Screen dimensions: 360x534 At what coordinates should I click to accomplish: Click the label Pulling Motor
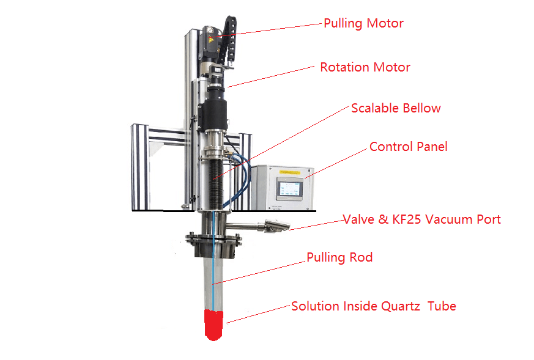click(363, 24)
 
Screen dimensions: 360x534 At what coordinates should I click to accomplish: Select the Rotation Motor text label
click(365, 67)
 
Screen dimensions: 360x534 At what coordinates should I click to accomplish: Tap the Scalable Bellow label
click(395, 108)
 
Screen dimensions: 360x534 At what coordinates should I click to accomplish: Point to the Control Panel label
click(408, 147)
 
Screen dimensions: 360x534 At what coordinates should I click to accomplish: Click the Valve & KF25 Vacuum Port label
click(421, 219)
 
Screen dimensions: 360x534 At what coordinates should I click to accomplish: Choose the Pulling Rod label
click(339, 257)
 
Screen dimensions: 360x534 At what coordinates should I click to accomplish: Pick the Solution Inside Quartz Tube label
click(373, 306)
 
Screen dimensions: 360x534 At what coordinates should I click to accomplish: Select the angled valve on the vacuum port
click(272, 227)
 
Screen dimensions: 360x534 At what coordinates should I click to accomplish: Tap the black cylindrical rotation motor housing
click(215, 114)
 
